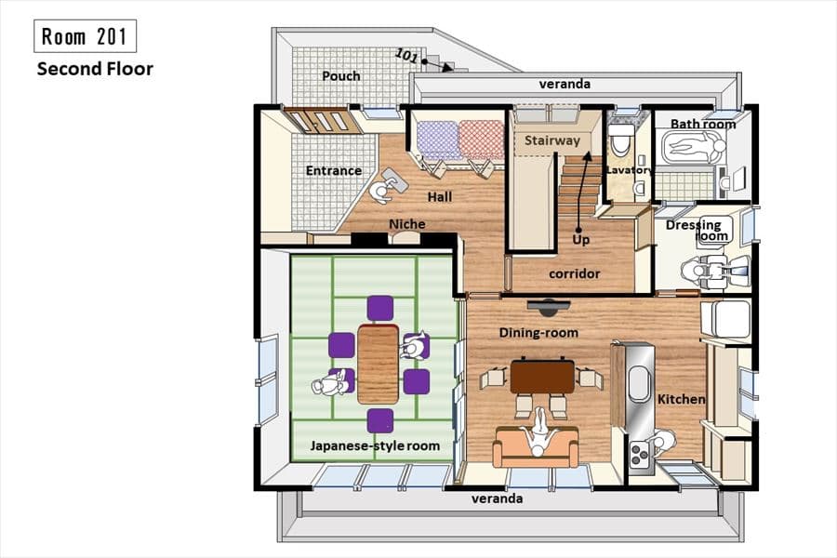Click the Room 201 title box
[x=85, y=36]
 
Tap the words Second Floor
[x=95, y=69]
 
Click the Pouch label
[x=341, y=76]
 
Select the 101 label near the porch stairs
[x=405, y=56]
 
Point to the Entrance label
[x=334, y=171]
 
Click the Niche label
[x=406, y=224]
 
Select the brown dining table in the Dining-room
[x=542, y=377]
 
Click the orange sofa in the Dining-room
[x=536, y=447]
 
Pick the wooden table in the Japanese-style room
[x=378, y=364]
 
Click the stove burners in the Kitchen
[x=639, y=456]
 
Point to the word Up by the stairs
[x=580, y=240]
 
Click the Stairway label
[x=551, y=140]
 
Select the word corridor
[x=575, y=274]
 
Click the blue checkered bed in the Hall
[x=437, y=140]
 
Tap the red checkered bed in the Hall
[x=481, y=140]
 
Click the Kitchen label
[x=681, y=399]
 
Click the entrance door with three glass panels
[x=316, y=121]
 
